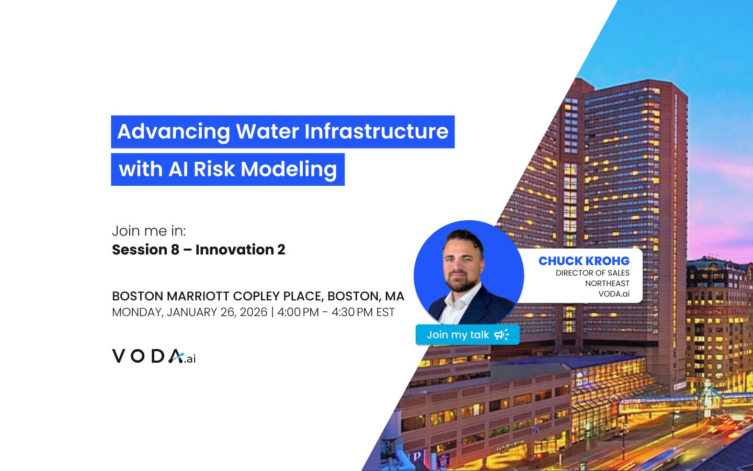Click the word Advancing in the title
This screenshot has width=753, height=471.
pyautogui.click(x=174, y=132)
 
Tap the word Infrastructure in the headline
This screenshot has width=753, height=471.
pyautogui.click(x=376, y=131)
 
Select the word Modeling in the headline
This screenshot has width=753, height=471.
pyautogui.click(x=289, y=169)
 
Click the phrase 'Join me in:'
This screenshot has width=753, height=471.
pyautogui.click(x=149, y=231)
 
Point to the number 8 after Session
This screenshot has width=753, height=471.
pyautogui.click(x=175, y=250)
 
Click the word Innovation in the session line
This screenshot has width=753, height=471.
pyautogui.click(x=235, y=250)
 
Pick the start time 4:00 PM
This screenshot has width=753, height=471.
pyautogui.click(x=298, y=312)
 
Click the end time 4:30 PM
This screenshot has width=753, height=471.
pyautogui.click(x=352, y=312)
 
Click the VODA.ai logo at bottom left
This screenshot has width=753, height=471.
pyautogui.click(x=154, y=356)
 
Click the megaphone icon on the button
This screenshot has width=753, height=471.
pyautogui.click(x=501, y=335)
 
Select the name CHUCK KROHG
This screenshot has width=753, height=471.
pyautogui.click(x=584, y=261)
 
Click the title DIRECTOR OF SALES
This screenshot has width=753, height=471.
pyautogui.click(x=592, y=273)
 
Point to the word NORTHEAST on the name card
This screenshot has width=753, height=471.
pyautogui.click(x=608, y=283)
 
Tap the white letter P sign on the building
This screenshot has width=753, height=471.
pyautogui.click(x=416, y=456)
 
